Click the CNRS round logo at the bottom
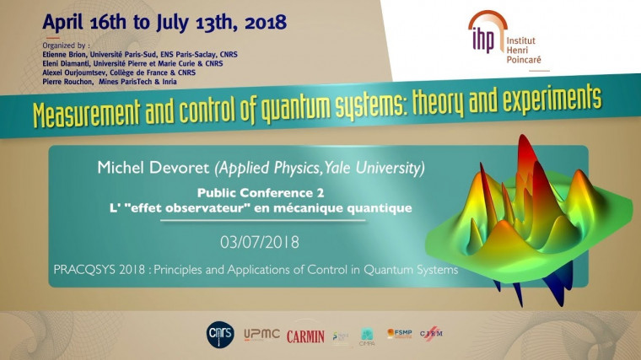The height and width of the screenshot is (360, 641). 218,335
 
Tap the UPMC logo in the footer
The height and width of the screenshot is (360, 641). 261,336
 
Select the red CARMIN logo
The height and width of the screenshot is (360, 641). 305,336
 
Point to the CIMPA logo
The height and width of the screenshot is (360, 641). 367,336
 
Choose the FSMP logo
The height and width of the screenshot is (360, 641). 399,335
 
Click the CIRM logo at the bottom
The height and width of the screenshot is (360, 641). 430,335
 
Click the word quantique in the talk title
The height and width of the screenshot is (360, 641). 376,207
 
